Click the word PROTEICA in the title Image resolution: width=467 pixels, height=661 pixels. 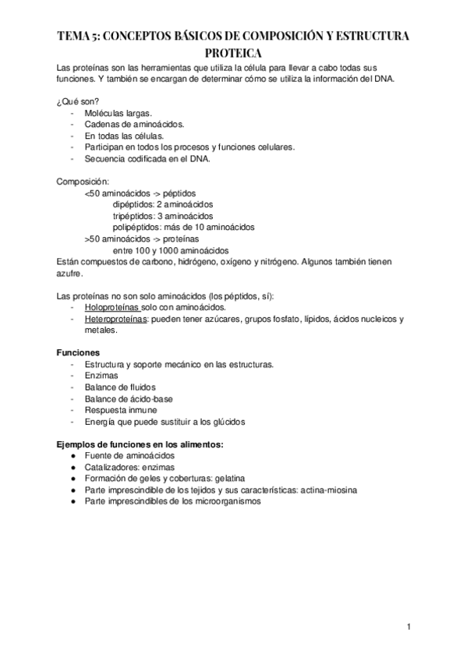click(x=233, y=51)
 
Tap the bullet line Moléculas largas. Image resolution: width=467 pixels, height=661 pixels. click(x=119, y=112)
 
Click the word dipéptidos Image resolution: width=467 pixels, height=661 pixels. click(x=133, y=204)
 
